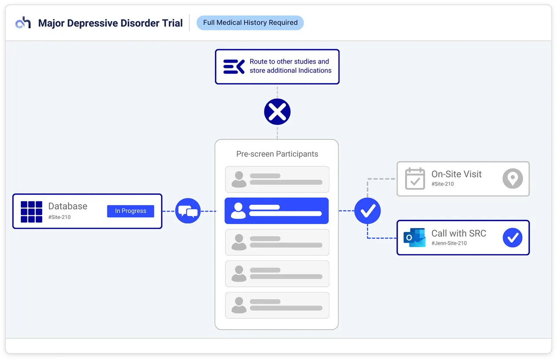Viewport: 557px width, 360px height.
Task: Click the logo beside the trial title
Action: coord(23,23)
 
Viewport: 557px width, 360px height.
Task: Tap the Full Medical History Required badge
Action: coord(250,23)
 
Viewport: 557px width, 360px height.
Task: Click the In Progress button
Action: coord(131,211)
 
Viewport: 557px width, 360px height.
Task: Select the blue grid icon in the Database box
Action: coord(31,212)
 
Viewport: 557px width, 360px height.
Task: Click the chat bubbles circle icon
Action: coord(188,211)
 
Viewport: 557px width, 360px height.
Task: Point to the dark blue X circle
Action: coord(277,112)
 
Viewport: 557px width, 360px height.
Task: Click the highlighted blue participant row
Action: coord(277,211)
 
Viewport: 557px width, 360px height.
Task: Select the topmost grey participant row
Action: coord(277,179)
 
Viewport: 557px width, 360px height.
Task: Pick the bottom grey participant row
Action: coord(277,305)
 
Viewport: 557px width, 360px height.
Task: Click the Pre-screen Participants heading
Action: coord(277,154)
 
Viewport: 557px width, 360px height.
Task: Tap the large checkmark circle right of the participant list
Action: coord(368,211)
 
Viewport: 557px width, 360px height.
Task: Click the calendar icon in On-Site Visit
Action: coord(415,178)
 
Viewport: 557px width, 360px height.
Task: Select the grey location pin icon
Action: coord(513,178)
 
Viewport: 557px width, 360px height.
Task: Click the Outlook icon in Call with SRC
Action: coord(414,238)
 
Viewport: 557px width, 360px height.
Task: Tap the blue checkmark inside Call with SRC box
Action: coord(513,238)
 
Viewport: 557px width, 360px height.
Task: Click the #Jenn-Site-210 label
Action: coord(449,243)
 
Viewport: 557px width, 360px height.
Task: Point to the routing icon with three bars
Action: coord(234,67)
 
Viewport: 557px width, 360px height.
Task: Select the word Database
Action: coord(67,206)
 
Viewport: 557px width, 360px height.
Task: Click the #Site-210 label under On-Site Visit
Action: coord(443,184)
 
